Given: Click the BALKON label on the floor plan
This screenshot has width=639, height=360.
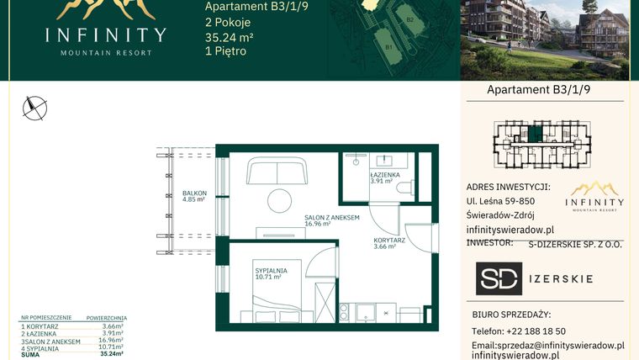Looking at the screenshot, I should pyautogui.click(x=194, y=196).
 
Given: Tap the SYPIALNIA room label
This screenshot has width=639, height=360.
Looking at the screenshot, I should pyautogui.click(x=272, y=273).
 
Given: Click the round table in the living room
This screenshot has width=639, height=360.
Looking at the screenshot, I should pyautogui.click(x=278, y=202).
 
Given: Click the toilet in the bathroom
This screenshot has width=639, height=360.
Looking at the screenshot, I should pyautogui.click(x=405, y=187).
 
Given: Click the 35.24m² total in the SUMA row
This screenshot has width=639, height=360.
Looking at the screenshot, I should pyautogui.click(x=111, y=354).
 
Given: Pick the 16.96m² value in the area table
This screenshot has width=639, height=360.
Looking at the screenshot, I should pyautogui.click(x=112, y=341).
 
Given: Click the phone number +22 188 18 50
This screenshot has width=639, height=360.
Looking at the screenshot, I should pyautogui.click(x=518, y=331).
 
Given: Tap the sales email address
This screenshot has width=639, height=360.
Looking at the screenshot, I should pyautogui.click(x=547, y=345).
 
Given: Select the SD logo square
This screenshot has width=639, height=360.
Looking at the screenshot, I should pyautogui.click(x=499, y=278).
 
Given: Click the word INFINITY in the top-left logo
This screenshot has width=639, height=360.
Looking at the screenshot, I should pyautogui.click(x=106, y=35).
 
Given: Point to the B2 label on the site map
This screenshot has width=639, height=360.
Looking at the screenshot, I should pyautogui.click(x=410, y=18).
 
